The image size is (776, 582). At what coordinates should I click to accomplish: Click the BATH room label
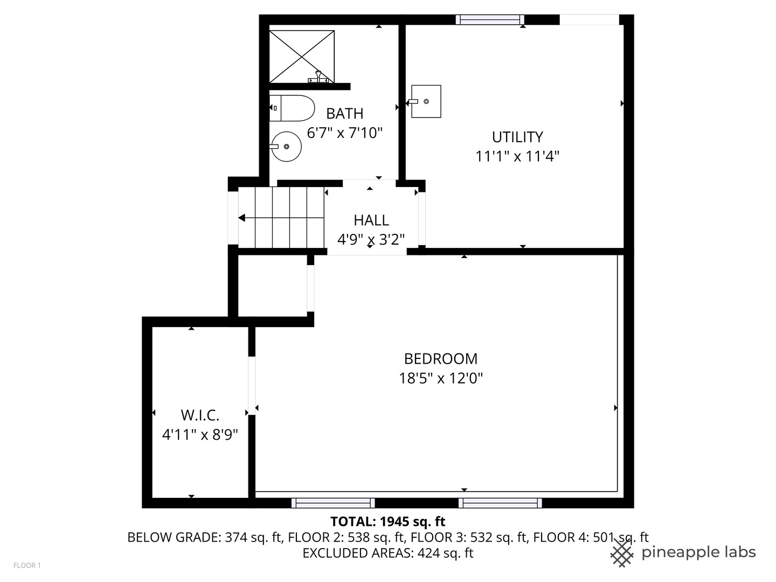(345, 114)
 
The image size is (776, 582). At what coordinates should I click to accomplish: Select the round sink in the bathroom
(286, 146)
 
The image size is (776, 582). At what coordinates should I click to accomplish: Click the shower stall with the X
(302, 57)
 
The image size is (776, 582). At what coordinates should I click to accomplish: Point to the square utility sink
(426, 101)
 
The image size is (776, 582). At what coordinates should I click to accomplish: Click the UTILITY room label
(517, 137)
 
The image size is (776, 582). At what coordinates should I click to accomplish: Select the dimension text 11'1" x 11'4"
(517, 156)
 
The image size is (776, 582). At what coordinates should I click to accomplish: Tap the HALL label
(371, 220)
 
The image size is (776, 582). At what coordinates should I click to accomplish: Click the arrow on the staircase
(242, 218)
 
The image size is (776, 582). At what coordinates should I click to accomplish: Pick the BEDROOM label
(441, 359)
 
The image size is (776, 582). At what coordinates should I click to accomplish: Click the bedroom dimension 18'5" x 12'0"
(441, 378)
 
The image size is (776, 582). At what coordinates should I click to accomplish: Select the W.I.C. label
(200, 415)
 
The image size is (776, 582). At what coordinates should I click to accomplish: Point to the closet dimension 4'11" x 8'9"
(200, 434)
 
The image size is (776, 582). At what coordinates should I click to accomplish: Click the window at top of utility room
(490, 20)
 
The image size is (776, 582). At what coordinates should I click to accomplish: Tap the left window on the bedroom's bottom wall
(333, 503)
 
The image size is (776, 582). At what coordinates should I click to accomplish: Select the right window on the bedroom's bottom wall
(500, 503)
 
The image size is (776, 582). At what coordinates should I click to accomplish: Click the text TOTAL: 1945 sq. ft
(387, 522)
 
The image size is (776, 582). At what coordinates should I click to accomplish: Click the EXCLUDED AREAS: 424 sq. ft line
(387, 553)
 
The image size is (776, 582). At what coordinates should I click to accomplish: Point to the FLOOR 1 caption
(27, 565)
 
